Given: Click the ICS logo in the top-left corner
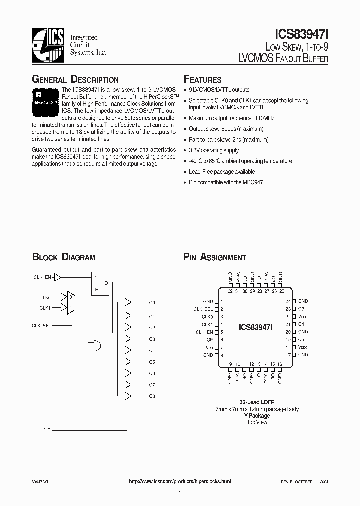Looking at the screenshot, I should pyautogui.click(x=48, y=44).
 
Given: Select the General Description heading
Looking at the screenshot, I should pyautogui.click(x=75, y=80).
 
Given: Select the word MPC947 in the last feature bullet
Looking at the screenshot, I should pyautogui.click(x=254, y=182).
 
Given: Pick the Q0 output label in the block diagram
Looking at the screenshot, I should pyautogui.click(x=152, y=303).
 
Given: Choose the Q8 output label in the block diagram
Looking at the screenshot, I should pyautogui.click(x=152, y=396).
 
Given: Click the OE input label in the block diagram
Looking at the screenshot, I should pyautogui.click(x=48, y=429).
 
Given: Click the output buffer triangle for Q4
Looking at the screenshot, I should pyautogui.click(x=128, y=349).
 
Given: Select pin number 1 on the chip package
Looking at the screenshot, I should pyautogui.click(x=221, y=302).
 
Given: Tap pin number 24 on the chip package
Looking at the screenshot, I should pyautogui.click(x=288, y=301).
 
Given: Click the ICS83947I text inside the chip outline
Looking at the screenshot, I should pyautogui.click(x=255, y=328).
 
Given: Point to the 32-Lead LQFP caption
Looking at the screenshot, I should pyautogui.click(x=257, y=402).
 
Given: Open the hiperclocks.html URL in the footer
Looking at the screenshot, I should pyautogui.click(x=180, y=481).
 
